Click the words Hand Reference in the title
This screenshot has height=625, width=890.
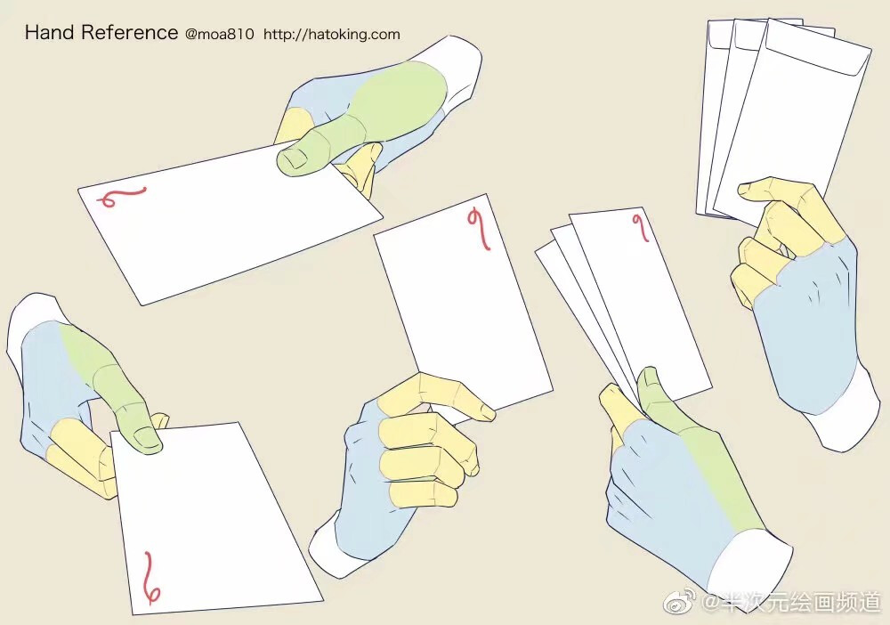101,32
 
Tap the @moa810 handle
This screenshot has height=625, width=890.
220,34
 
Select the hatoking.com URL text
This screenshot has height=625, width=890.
331,34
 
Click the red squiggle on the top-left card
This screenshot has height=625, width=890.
121,197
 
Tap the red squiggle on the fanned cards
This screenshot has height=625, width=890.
642,226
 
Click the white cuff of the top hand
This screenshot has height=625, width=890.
454,71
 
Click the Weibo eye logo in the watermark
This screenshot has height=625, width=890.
680,602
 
